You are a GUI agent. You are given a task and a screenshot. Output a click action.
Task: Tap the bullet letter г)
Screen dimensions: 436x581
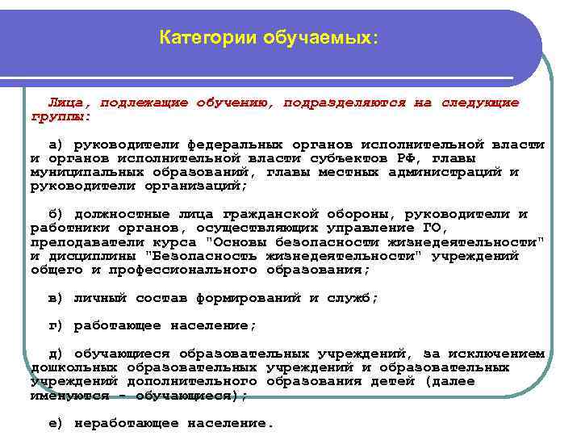coord(56,325)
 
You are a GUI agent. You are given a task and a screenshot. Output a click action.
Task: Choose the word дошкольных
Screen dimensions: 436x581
coord(65,367)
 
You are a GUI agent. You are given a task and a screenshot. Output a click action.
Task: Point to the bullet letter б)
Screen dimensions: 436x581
coord(56,214)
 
